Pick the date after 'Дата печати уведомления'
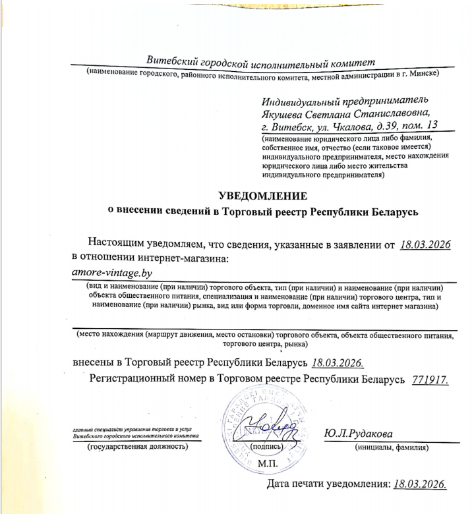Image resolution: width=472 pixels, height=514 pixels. pyautogui.click(x=420, y=484)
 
